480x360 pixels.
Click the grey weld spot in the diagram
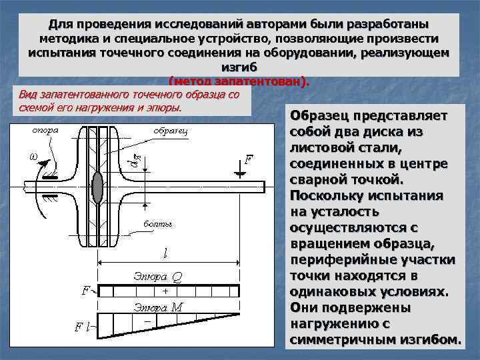pyautogui.click(x=98, y=187)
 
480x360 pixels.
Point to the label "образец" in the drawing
pyautogui.click(x=171, y=131)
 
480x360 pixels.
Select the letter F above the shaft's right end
pyautogui.click(x=249, y=161)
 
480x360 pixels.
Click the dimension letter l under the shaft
pyautogui.click(x=165, y=254)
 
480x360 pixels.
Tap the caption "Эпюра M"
pyautogui.click(x=158, y=307)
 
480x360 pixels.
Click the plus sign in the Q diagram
pyautogui.click(x=165, y=291)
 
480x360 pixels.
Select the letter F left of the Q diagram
pyautogui.click(x=85, y=291)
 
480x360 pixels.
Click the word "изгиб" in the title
pyautogui.click(x=239, y=67)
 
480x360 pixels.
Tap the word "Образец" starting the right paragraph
pyautogui.click(x=317, y=116)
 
